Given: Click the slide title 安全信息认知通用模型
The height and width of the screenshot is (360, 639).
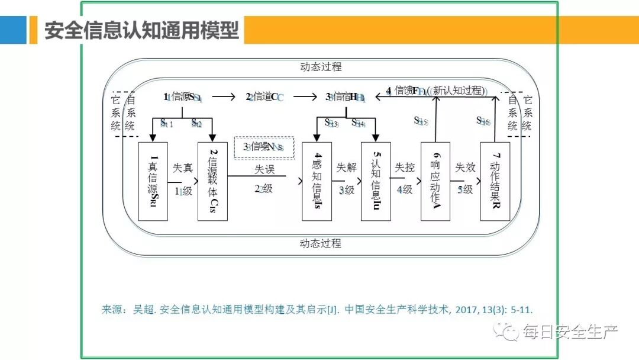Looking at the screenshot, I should (x=141, y=30).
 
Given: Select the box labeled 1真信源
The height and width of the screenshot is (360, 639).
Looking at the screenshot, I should (x=153, y=181).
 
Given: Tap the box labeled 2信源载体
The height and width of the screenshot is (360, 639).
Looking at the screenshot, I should (x=212, y=181).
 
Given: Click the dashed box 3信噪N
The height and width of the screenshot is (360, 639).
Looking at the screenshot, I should (x=264, y=147).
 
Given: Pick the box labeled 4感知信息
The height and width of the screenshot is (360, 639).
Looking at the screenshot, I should (x=317, y=181).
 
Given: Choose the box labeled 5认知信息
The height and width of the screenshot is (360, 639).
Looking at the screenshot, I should (x=376, y=181).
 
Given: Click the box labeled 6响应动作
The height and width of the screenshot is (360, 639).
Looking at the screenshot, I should (x=435, y=181).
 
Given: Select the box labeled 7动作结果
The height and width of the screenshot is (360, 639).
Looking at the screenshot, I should (x=495, y=181).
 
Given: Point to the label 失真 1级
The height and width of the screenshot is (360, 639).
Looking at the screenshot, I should (x=183, y=179).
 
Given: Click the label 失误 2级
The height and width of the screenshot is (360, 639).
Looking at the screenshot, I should (x=264, y=179).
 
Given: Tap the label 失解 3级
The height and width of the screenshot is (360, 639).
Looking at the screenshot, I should (x=346, y=179).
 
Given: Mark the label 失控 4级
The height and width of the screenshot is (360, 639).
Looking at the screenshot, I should (x=405, y=179).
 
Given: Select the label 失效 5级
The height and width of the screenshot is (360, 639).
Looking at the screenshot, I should (x=465, y=179).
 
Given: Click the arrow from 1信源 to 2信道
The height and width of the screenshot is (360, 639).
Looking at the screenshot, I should (x=224, y=97).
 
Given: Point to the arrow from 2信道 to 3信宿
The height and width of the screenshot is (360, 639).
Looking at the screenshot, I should (x=305, y=97).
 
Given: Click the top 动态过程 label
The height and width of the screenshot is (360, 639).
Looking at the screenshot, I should (x=321, y=67).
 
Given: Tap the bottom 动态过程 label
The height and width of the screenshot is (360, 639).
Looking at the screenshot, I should (x=321, y=243).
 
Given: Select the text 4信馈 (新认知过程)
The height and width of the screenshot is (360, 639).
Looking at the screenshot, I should (x=436, y=91).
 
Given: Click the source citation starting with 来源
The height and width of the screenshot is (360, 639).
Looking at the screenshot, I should (x=321, y=309).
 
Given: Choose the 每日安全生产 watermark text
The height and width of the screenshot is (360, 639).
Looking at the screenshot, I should (x=568, y=333).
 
